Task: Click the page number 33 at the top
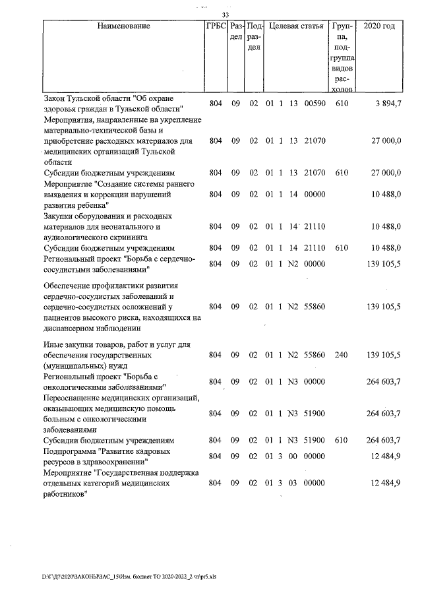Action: [226, 15]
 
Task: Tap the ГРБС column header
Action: [217, 26]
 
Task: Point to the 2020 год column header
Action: [380, 26]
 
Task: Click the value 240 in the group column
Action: [341, 354]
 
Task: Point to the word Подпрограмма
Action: [69, 452]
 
